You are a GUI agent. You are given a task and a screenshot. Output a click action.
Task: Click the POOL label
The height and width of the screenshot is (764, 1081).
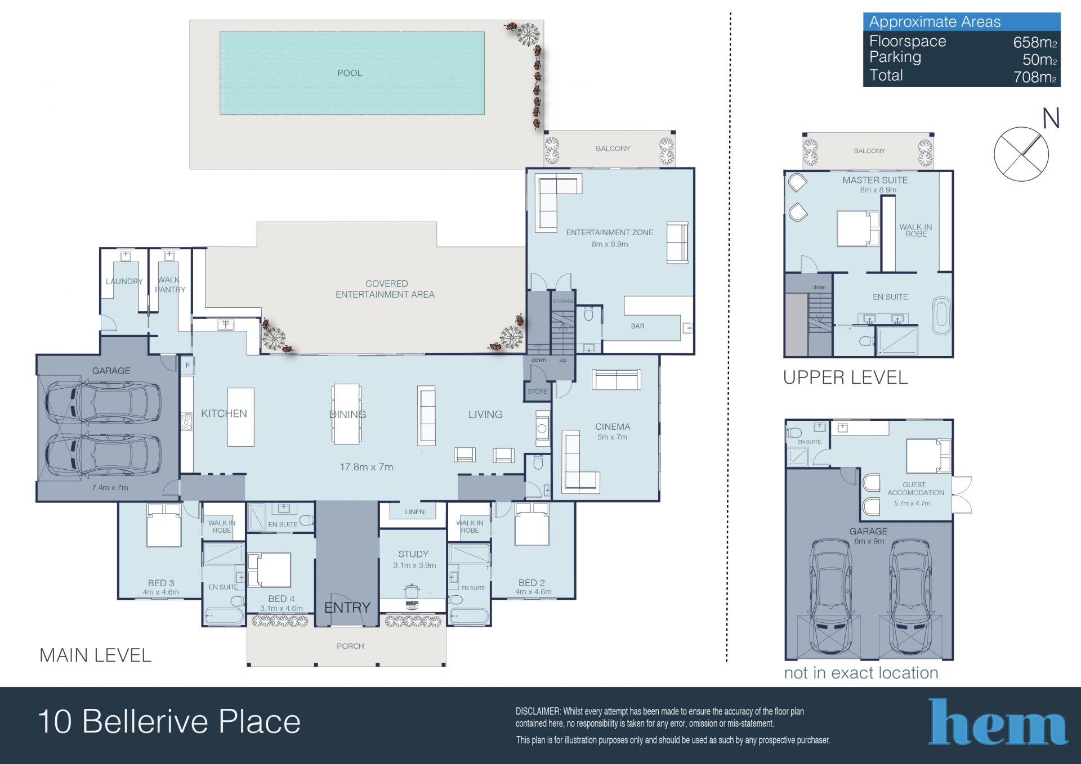(350, 73)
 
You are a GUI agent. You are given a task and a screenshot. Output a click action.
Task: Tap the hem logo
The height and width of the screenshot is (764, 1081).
(998, 722)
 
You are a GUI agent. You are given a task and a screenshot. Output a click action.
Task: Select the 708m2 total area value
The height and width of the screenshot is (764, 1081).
(1035, 77)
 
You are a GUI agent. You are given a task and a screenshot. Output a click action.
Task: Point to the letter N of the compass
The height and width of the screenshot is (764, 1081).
(1051, 118)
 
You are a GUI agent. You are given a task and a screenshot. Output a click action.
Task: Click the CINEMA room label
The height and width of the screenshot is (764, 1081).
(613, 427)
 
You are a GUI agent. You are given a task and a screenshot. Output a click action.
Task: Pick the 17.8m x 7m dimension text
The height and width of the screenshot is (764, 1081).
(367, 467)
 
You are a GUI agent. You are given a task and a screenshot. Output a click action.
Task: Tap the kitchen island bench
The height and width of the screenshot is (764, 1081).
(241, 417)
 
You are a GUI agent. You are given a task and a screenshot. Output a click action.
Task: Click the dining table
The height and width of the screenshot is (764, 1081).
(347, 414)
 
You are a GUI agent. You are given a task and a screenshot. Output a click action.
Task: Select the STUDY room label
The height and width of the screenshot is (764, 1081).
(413, 554)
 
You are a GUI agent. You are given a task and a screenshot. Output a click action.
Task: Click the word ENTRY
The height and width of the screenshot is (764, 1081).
(347, 608)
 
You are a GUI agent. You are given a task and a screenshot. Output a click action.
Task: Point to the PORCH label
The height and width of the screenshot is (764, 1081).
(350, 646)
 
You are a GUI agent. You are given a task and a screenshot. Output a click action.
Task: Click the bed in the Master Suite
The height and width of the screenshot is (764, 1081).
(858, 228)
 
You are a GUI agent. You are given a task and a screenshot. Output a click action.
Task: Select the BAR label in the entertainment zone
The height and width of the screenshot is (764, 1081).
(637, 326)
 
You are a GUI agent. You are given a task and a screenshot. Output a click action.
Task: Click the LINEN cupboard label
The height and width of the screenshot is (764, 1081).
(415, 512)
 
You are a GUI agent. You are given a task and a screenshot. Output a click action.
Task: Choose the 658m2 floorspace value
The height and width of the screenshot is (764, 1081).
(1035, 42)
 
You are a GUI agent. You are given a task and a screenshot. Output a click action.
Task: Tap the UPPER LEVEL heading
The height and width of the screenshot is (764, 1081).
(846, 377)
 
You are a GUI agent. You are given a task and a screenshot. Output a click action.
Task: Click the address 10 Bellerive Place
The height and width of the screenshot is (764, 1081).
(169, 722)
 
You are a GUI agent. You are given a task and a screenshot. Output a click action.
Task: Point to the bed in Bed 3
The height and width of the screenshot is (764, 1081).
(164, 525)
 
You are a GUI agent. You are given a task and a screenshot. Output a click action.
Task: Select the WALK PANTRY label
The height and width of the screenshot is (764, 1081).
(169, 285)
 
